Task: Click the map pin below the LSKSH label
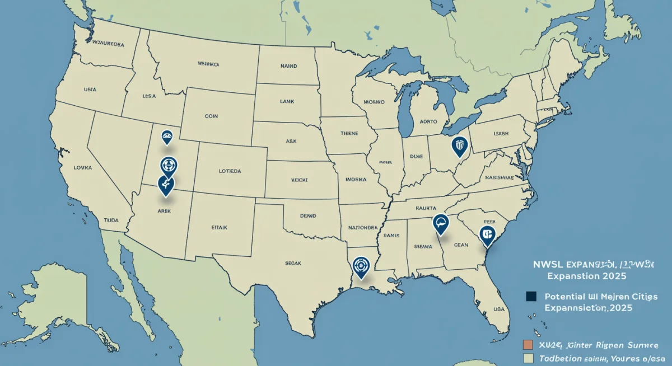tap(459, 147)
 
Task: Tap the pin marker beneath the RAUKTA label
tap(441, 224)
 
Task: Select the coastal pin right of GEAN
tap(488, 235)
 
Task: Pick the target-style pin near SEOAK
tap(361, 267)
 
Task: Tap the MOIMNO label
tap(374, 102)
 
